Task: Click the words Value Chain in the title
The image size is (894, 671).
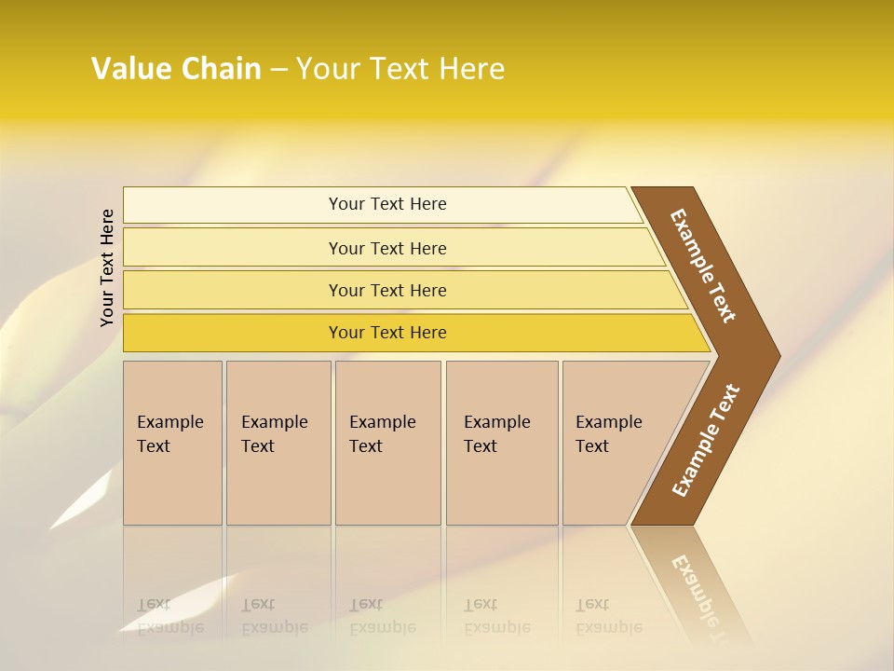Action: tap(176, 69)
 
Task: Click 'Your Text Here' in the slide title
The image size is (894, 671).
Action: tap(400, 69)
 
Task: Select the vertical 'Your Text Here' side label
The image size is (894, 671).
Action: tap(107, 267)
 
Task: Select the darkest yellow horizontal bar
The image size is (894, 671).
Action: tap(233, 333)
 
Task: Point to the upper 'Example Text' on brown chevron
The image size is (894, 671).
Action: tap(703, 267)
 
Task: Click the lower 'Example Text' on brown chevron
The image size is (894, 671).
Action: tap(705, 441)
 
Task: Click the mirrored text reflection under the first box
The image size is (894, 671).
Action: tap(169, 616)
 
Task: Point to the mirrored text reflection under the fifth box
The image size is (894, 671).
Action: tap(608, 616)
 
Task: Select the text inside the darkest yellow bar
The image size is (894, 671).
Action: tap(387, 333)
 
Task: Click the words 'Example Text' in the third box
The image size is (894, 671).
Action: tap(382, 434)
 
